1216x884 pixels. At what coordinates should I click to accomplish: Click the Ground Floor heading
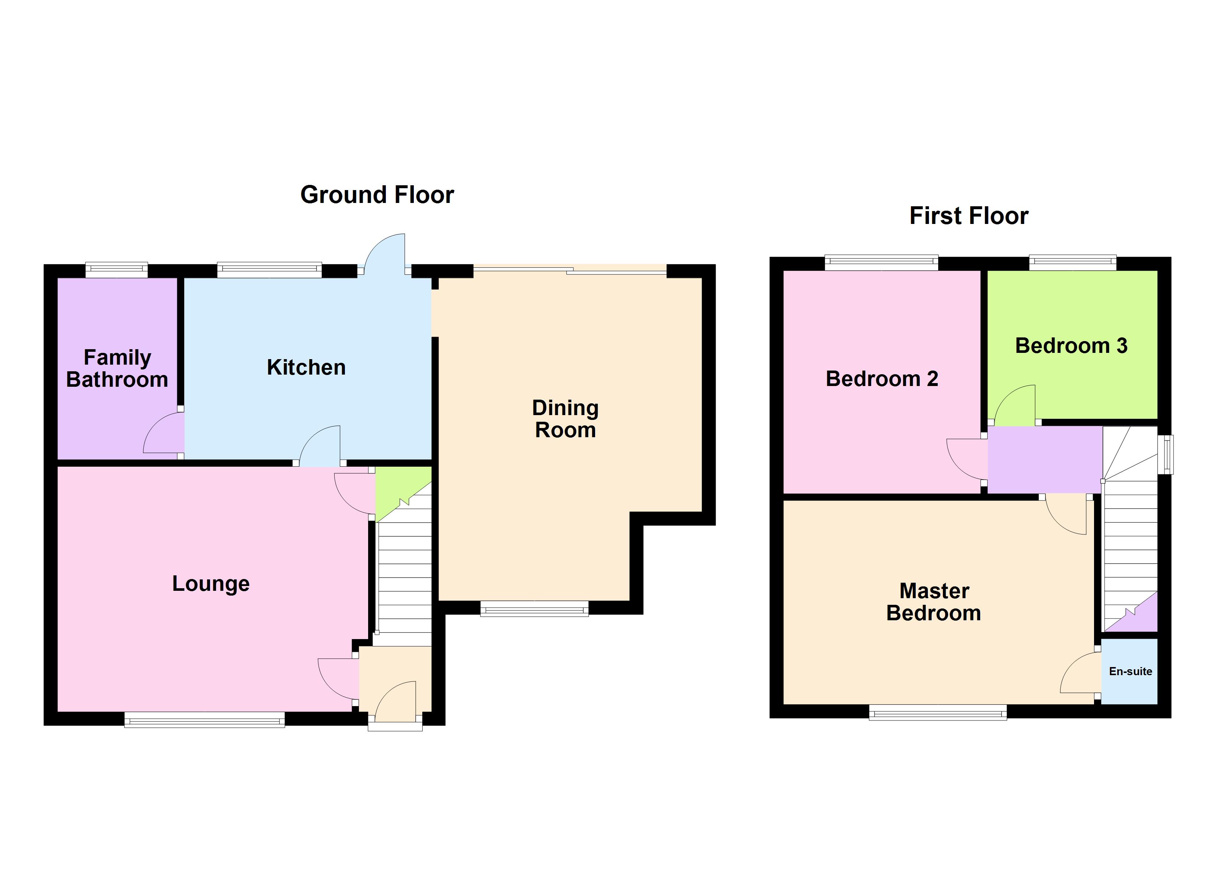(377, 194)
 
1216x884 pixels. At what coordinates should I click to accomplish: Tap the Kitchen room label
(306, 368)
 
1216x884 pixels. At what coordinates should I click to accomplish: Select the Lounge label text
(211, 584)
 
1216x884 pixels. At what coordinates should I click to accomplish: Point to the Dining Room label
(565, 419)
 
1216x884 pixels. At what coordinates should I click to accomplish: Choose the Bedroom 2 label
(882, 379)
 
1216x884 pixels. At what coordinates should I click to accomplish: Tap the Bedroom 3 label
(1071, 346)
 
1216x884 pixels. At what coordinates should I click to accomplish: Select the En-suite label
(1130, 671)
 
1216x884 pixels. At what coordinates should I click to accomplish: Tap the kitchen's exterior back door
(385, 253)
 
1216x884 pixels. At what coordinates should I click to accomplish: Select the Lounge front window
(204, 719)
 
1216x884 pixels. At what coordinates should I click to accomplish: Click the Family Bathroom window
(116, 270)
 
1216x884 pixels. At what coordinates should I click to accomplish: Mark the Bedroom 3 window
(1072, 263)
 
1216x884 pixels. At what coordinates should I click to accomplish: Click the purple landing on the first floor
(1044, 459)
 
